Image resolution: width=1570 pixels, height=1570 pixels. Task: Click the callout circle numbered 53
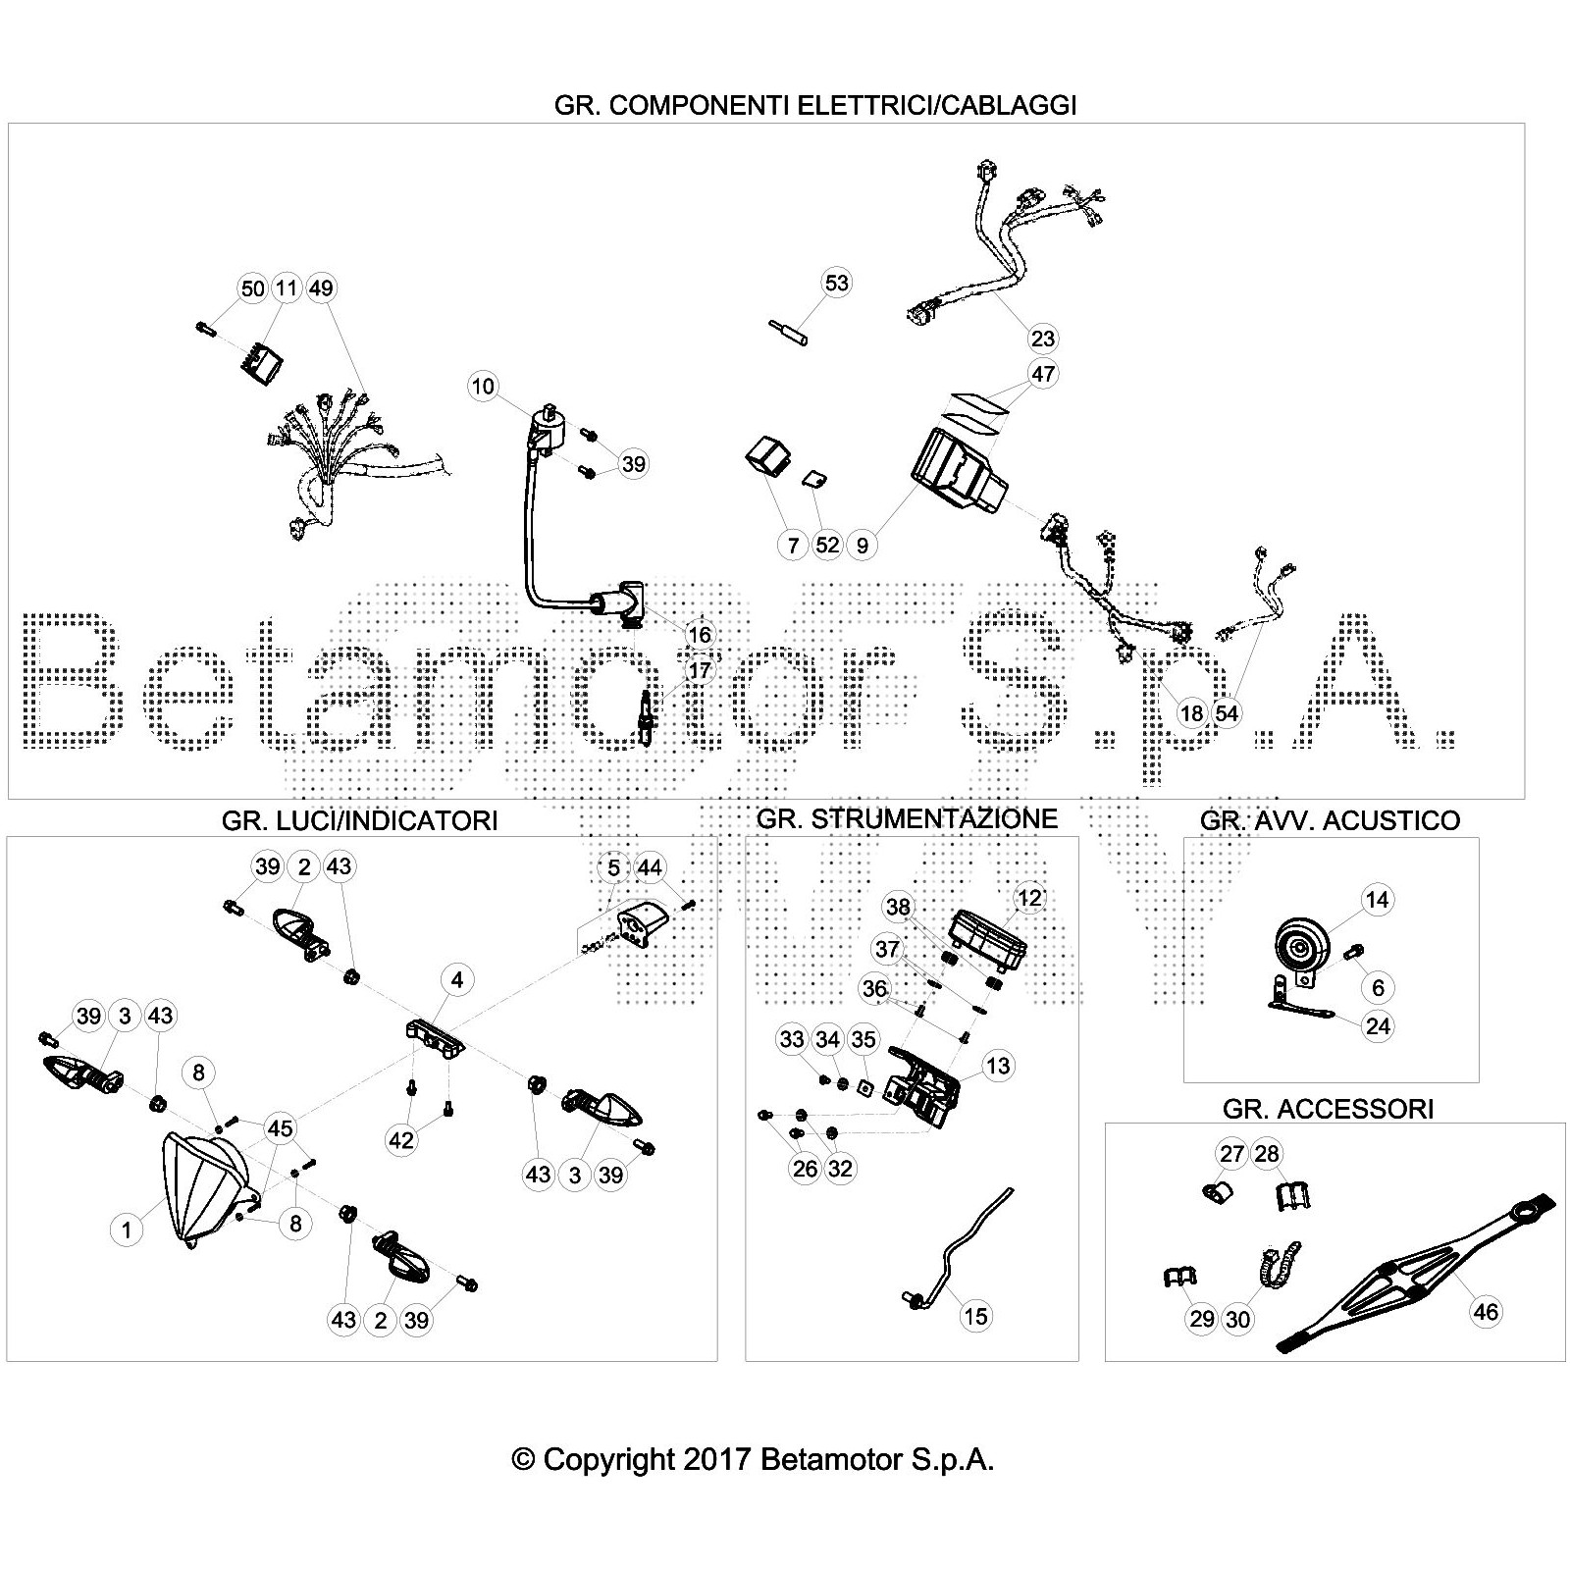pyautogui.click(x=836, y=283)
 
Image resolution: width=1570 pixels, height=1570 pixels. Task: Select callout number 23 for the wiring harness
pyautogui.click(x=1042, y=339)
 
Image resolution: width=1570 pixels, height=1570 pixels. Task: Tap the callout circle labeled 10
pyautogui.click(x=483, y=386)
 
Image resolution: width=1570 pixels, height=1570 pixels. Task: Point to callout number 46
pyautogui.click(x=1487, y=1312)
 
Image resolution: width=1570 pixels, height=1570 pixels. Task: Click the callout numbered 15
pyautogui.click(x=975, y=1316)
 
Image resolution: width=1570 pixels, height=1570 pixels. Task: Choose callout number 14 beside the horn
pyautogui.click(x=1377, y=900)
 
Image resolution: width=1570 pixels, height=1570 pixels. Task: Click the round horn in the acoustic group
pyautogui.click(x=1298, y=948)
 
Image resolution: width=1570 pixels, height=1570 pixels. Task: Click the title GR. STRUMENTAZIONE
pyautogui.click(x=907, y=818)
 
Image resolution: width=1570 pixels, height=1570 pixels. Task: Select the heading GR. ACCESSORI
pyautogui.click(x=1328, y=1109)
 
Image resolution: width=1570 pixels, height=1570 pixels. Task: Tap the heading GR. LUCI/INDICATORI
pyautogui.click(x=359, y=820)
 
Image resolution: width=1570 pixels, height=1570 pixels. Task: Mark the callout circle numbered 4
pyautogui.click(x=456, y=979)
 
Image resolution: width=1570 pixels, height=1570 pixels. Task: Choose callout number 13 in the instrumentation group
pyautogui.click(x=997, y=1066)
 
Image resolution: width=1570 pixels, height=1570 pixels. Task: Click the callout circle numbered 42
pyautogui.click(x=401, y=1139)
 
